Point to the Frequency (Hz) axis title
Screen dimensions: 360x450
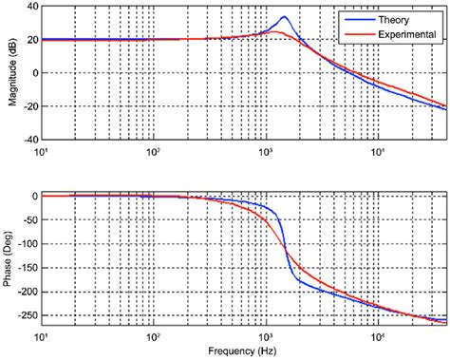pos(243,351)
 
